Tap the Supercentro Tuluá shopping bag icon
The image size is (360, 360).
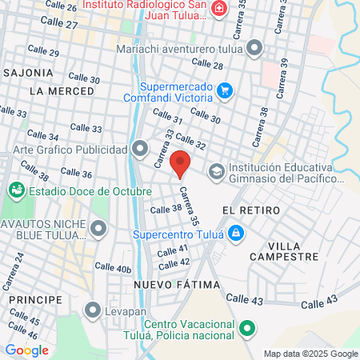[235, 234]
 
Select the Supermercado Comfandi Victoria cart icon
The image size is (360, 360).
[225, 90]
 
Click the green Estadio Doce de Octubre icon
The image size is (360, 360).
[15, 191]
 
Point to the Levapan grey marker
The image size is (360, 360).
[94, 309]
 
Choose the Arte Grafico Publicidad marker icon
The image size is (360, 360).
[141, 149]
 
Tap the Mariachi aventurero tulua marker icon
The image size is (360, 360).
[255, 48]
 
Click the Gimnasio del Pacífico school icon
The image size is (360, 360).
[216, 172]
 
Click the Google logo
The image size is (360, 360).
[26, 350]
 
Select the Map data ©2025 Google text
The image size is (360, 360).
[311, 354]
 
